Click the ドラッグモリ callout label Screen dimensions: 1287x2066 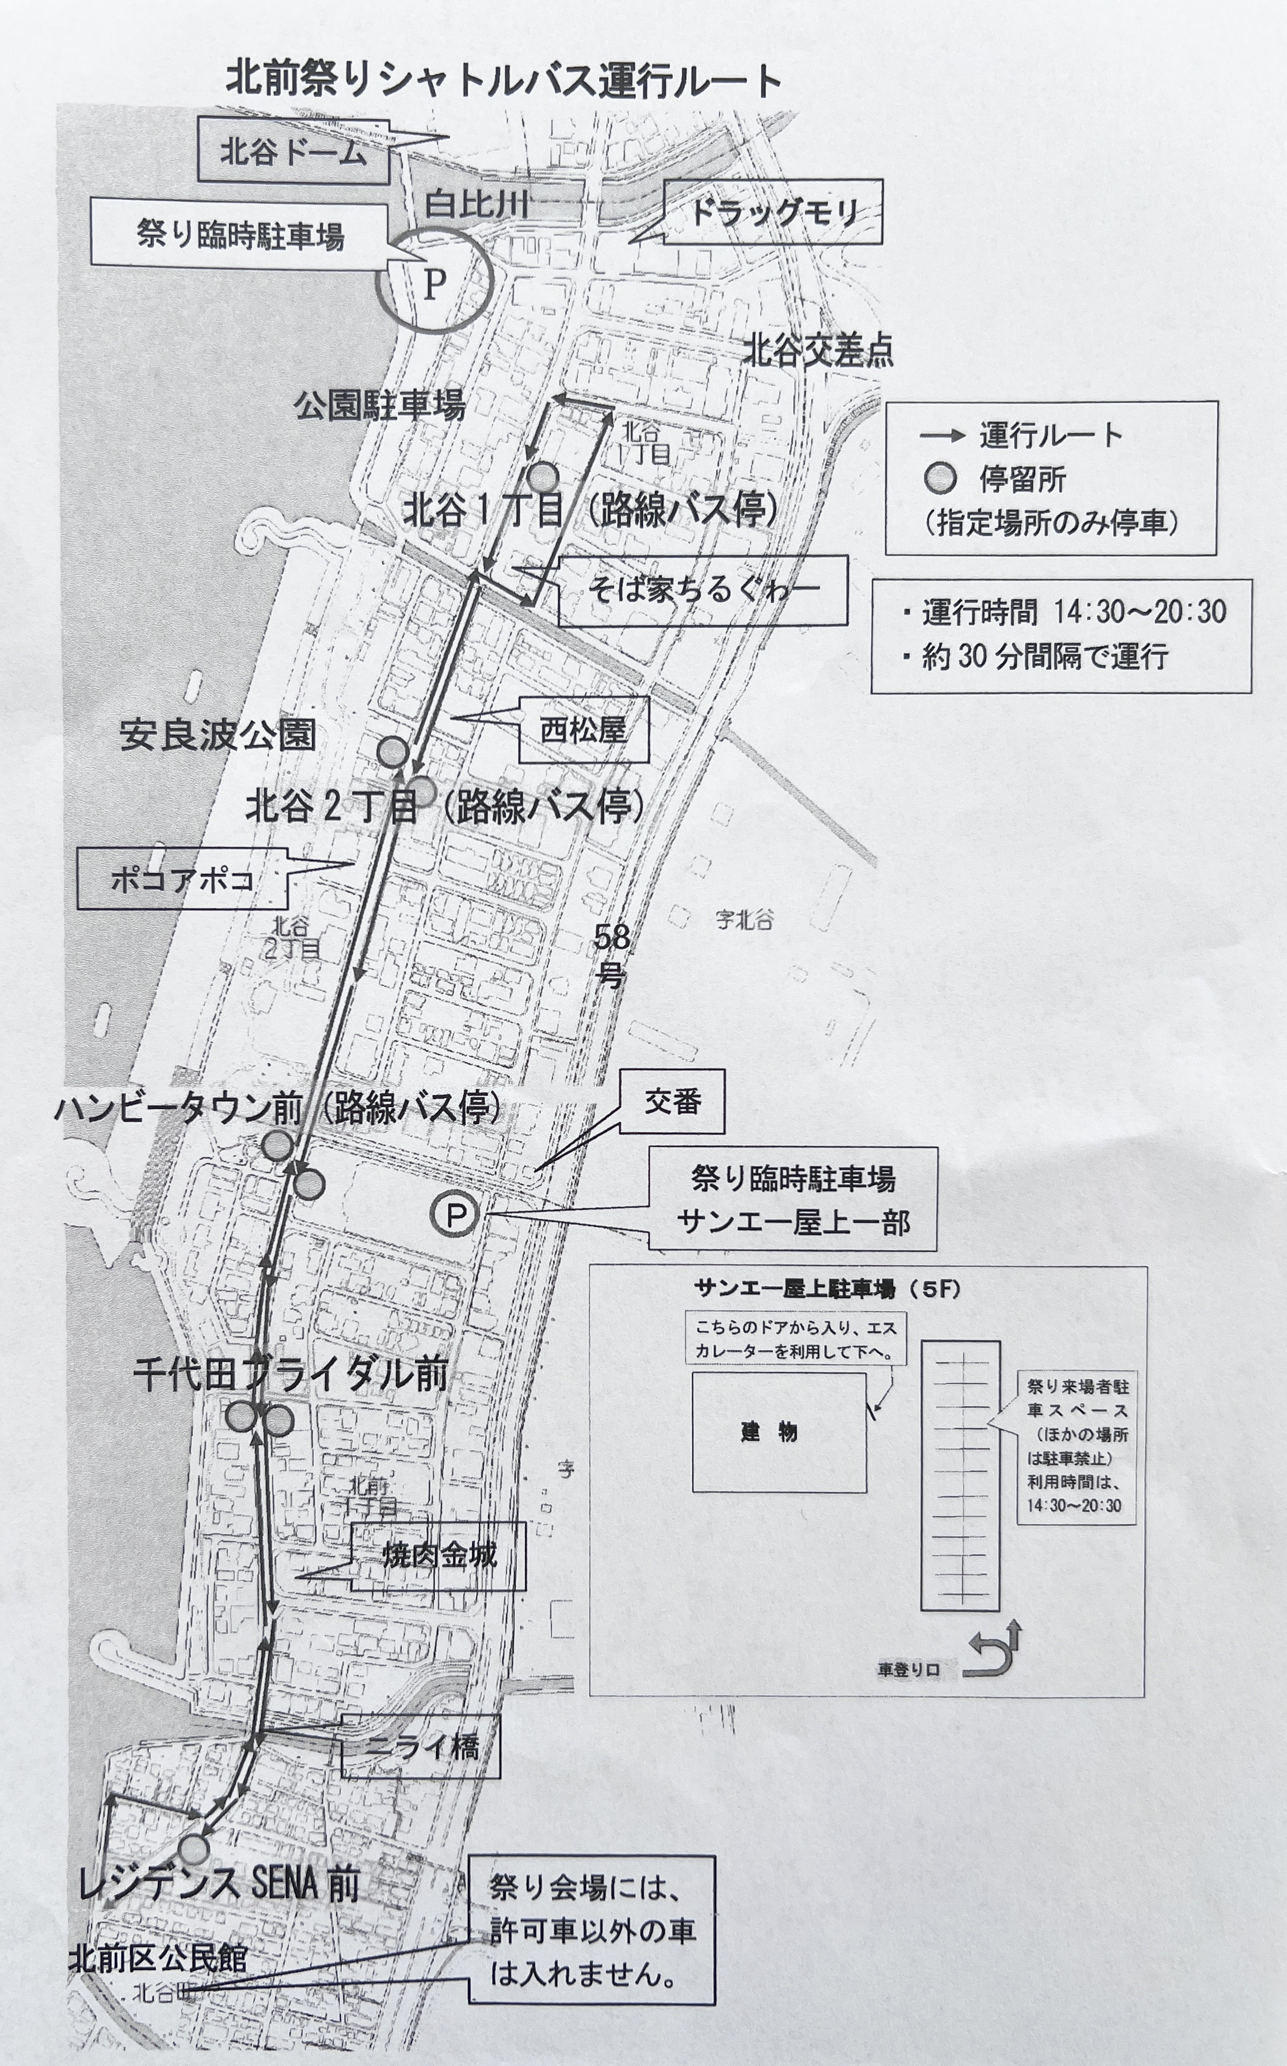[772, 212]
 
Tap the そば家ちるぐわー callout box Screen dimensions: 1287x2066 [703, 590]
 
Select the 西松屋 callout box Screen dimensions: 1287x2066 [584, 729]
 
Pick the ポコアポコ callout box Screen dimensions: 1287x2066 [182, 879]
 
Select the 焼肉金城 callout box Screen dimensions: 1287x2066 [438, 1556]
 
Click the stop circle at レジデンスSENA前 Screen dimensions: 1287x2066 [195, 1849]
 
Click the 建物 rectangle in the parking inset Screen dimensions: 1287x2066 [779, 1432]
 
